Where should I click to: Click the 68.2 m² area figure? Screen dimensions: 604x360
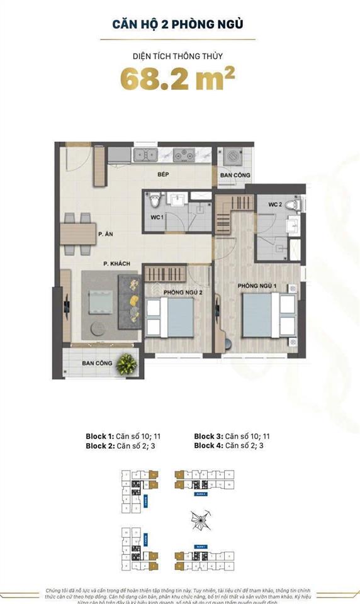[178, 81]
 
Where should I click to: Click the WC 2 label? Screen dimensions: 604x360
[274, 205]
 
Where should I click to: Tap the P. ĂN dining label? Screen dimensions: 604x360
[105, 234]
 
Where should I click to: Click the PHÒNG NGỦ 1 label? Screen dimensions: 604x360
[256, 287]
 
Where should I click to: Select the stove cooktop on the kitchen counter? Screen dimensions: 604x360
[183, 154]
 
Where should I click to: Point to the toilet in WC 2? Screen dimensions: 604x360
[291, 205]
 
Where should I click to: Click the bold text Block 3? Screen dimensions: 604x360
[208, 436]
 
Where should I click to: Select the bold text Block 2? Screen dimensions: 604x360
[100, 445]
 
